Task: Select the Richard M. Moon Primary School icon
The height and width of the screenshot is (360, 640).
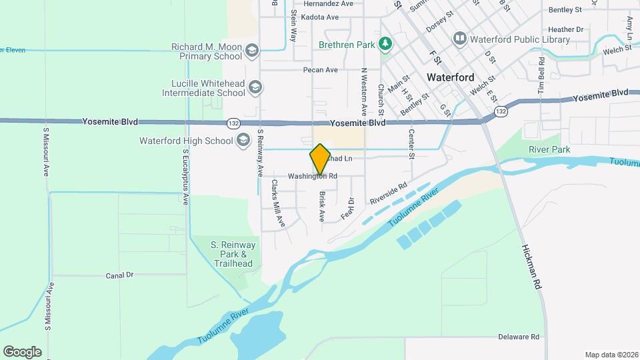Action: click(x=251, y=51)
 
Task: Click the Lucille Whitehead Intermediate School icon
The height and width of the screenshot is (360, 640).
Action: click(x=255, y=87)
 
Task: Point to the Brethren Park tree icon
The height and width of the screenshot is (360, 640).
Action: click(x=385, y=44)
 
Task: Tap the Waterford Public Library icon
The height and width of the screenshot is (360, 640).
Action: click(x=459, y=39)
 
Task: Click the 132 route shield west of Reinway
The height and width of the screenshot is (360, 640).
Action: click(x=233, y=123)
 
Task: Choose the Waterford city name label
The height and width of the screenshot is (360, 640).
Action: click(x=450, y=77)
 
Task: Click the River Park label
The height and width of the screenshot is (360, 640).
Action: click(x=549, y=149)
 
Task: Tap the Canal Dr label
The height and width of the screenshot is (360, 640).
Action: click(x=120, y=275)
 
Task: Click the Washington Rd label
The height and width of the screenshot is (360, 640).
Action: click(x=313, y=177)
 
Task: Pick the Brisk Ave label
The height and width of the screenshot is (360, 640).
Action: click(x=322, y=207)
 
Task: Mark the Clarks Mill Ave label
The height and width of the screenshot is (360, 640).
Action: click(x=277, y=203)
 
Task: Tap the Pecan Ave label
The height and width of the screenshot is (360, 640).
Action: click(x=320, y=70)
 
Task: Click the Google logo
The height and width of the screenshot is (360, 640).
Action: click(x=22, y=352)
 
